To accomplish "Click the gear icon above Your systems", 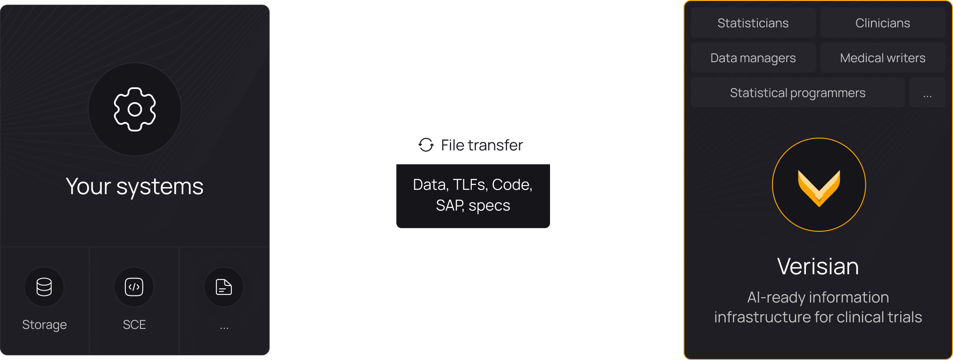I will click(x=135, y=109).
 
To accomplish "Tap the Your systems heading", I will click(x=135, y=187).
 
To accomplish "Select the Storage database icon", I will click(x=44, y=287).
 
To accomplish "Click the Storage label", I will click(x=44, y=325).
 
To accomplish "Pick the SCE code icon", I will click(x=134, y=287).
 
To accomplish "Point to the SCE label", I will click(x=134, y=325).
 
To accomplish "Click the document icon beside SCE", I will click(x=224, y=287).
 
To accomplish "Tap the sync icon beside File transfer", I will click(x=426, y=145).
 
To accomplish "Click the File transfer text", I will click(x=482, y=145).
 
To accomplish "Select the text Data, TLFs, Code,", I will click(x=473, y=185).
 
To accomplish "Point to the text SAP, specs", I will click(x=473, y=205).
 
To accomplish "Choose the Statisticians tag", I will click(x=753, y=23).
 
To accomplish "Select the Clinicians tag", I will click(x=882, y=23).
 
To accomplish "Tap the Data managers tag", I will click(x=753, y=58).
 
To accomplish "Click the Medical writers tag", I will click(x=882, y=58).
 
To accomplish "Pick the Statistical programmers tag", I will click(x=797, y=93).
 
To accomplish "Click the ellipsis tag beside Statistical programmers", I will click(x=927, y=93).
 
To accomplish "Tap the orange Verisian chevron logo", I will click(x=819, y=187).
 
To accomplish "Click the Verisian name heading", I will click(x=818, y=267).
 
